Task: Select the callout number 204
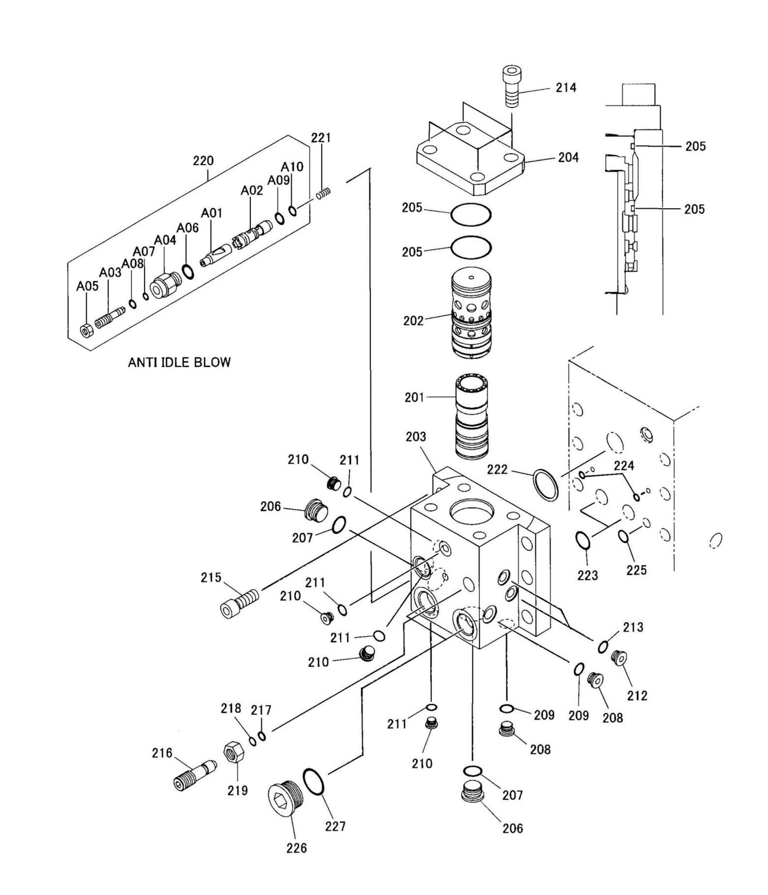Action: (x=568, y=157)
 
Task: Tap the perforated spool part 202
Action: (x=471, y=314)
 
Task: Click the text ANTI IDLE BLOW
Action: (x=179, y=362)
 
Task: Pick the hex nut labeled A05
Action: (x=87, y=330)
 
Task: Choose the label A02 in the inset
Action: (x=251, y=190)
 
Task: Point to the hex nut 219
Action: (x=233, y=753)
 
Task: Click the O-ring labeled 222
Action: (x=545, y=484)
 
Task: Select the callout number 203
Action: (x=416, y=436)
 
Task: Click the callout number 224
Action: (x=623, y=466)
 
